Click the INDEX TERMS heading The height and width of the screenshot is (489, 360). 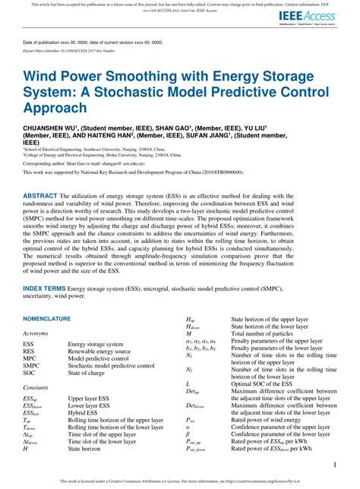(44, 268)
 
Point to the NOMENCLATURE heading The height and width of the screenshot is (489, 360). (46, 297)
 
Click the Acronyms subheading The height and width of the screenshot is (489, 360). (36, 311)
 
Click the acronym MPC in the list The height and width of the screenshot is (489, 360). (30, 337)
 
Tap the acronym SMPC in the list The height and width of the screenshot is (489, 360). (31, 345)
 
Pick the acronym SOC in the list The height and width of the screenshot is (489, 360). (30, 352)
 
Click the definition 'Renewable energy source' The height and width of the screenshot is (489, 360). (98, 330)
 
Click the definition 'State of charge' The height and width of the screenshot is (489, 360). (86, 352)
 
